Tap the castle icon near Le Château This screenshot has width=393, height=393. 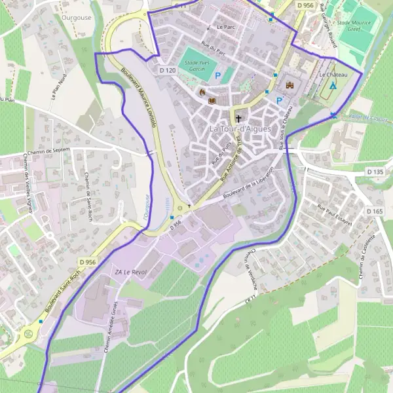[x=290, y=85]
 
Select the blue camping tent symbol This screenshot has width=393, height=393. [x=333, y=86]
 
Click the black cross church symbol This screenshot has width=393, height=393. [x=238, y=119]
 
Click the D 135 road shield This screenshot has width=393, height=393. [x=375, y=172]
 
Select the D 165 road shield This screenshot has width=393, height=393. [x=375, y=211]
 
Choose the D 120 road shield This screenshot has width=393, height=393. [x=168, y=69]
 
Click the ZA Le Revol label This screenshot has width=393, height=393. [x=130, y=272]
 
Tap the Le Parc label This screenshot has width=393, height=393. [x=225, y=28]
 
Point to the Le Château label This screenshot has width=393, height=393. [x=333, y=75]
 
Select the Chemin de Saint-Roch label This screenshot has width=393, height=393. [x=88, y=187]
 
